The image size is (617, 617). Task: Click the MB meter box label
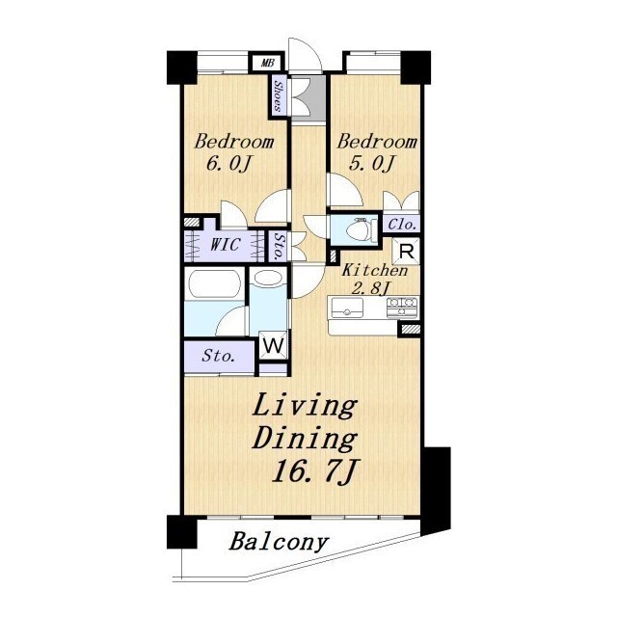[268, 63]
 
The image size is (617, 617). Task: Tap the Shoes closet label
[279, 96]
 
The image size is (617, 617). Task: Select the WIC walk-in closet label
[225, 245]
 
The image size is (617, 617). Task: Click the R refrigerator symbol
[407, 251]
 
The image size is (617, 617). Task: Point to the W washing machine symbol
[274, 346]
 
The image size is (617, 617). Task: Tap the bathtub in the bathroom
[214, 284]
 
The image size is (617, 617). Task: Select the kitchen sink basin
[347, 308]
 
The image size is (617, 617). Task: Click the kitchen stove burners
[402, 308]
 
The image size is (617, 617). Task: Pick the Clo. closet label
[402, 225]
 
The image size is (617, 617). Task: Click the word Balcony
[279, 542]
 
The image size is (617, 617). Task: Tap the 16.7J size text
[315, 471]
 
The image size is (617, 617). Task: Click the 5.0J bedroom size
[371, 163]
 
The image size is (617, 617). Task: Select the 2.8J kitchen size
[370, 289]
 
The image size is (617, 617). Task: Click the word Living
[306, 408]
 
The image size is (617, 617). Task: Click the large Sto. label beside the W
[219, 356]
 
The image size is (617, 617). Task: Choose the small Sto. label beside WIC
[279, 247]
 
